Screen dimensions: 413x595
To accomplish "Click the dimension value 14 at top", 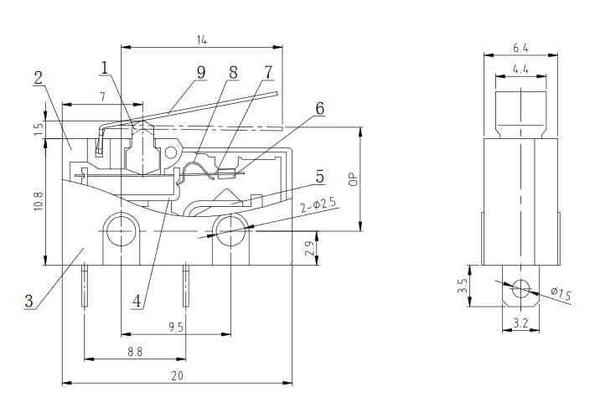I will pyautogui.click(x=202, y=39).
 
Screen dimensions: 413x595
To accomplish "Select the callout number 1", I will pyautogui.click(x=106, y=67).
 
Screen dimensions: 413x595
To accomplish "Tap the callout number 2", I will pyautogui.click(x=39, y=77).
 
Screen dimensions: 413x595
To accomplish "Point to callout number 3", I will pyautogui.click(x=29, y=302).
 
